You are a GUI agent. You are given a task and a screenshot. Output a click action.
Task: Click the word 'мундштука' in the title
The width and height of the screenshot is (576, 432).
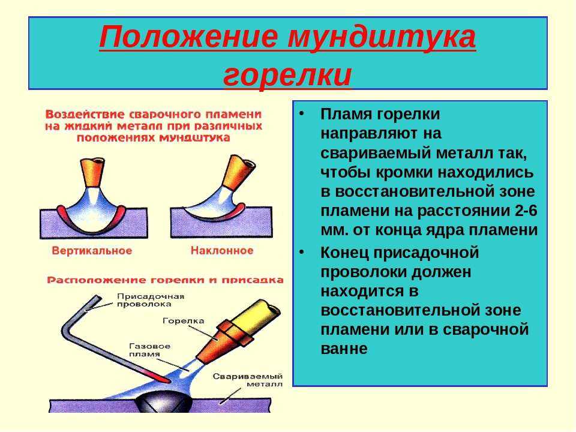click(x=382, y=37)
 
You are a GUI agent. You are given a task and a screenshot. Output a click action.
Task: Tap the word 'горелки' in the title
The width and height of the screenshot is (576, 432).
click(x=287, y=76)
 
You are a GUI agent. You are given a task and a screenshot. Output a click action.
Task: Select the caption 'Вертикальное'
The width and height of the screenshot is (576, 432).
click(x=92, y=251)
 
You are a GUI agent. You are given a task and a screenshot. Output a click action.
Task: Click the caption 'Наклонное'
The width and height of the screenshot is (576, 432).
click(x=222, y=251)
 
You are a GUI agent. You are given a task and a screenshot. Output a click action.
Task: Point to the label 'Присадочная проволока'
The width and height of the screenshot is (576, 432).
click(x=151, y=300)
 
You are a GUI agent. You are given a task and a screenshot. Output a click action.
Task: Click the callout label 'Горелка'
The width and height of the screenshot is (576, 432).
click(x=184, y=320)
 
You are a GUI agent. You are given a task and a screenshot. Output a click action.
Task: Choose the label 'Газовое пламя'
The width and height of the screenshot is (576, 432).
click(x=149, y=350)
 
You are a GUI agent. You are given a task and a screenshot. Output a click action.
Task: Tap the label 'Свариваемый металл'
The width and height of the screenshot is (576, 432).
click(x=248, y=380)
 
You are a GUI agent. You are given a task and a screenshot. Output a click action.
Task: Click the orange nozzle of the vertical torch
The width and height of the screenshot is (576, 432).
click(x=92, y=172)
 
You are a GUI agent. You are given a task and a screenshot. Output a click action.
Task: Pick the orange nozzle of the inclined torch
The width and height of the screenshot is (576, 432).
click(x=238, y=172)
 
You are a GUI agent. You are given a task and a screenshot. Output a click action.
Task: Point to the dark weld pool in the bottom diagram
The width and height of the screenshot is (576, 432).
click(x=163, y=401)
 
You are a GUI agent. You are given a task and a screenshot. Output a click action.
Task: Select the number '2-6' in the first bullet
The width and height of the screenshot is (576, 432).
click(x=526, y=211)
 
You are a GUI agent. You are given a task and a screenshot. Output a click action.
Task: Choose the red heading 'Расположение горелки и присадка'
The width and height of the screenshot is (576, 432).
click(x=166, y=280)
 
